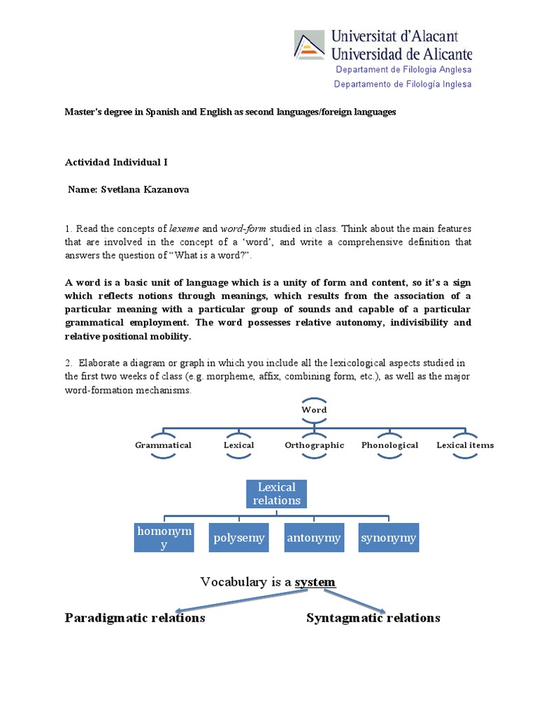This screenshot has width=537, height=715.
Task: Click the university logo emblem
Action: point(309,45)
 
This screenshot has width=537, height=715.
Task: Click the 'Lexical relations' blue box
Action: point(277,494)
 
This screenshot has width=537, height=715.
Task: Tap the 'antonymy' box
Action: point(313,538)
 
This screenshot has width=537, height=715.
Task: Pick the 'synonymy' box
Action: point(389,538)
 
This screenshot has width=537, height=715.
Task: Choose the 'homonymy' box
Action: point(164,538)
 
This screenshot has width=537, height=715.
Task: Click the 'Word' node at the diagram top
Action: point(314,410)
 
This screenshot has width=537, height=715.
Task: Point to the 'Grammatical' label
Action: point(163,445)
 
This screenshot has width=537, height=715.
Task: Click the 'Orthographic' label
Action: point(314,445)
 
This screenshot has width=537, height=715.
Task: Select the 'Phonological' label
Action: point(389,445)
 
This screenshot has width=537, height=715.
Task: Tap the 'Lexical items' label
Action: point(465,445)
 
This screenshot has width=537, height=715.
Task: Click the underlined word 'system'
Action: point(315,582)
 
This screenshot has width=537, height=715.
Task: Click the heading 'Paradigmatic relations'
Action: point(135,618)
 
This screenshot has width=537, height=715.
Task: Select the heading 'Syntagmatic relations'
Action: point(373,618)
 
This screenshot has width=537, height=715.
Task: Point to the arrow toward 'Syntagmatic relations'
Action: point(349,601)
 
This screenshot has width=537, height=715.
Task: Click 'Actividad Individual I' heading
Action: point(116,162)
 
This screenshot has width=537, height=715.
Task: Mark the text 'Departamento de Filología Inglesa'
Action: point(403,84)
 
